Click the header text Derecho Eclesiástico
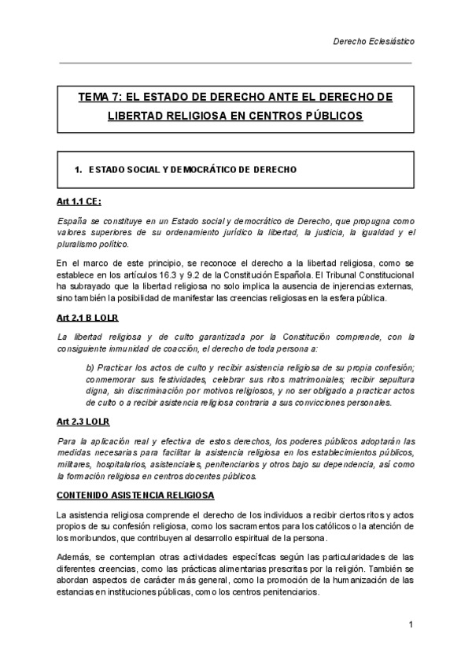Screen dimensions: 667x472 pyautogui.click(x=374, y=39)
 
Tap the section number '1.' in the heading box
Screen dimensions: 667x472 pyautogui.click(x=78, y=169)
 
